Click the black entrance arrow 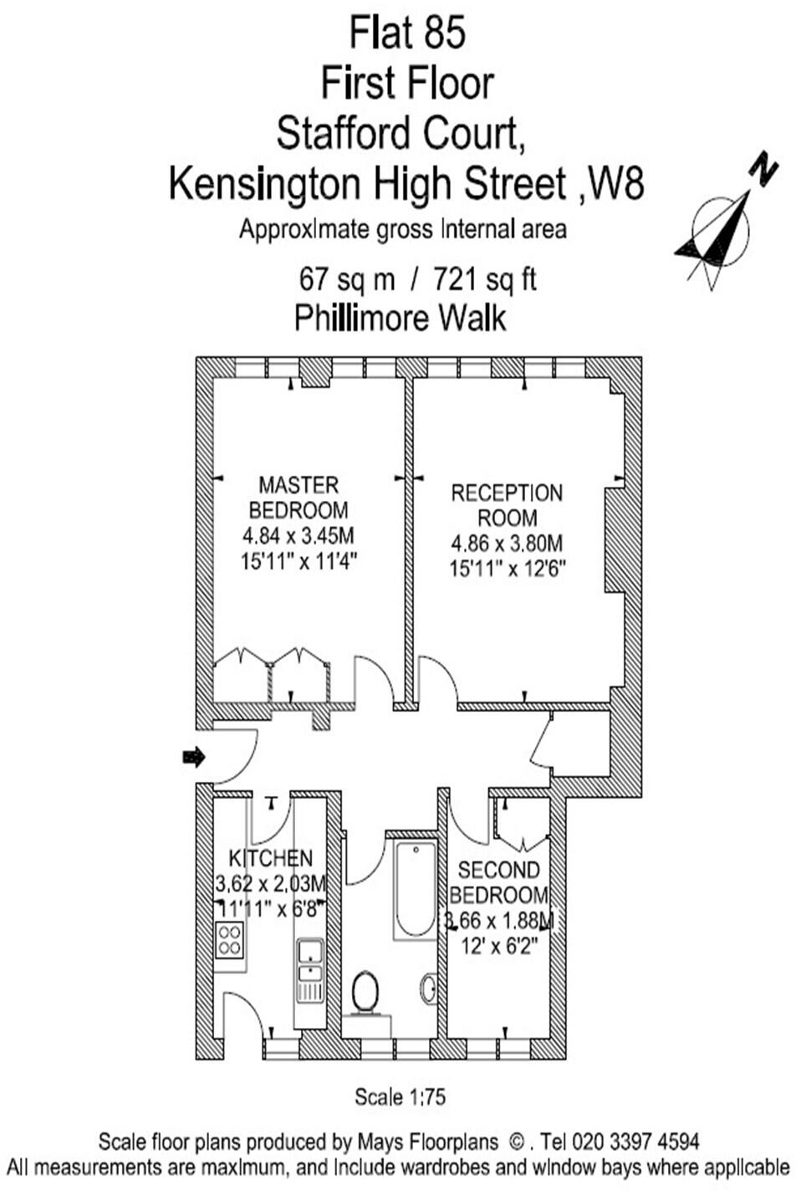[194, 757]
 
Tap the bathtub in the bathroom [416, 890]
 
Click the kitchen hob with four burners [229, 940]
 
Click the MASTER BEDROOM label [298, 497]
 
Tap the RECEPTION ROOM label [507, 504]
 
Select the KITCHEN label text [271, 858]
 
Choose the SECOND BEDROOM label [499, 882]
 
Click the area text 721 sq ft [485, 279]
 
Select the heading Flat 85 [407, 34]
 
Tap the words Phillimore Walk [401, 319]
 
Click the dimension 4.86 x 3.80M [507, 544]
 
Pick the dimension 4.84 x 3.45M [298, 535]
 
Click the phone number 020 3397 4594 [636, 1142]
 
